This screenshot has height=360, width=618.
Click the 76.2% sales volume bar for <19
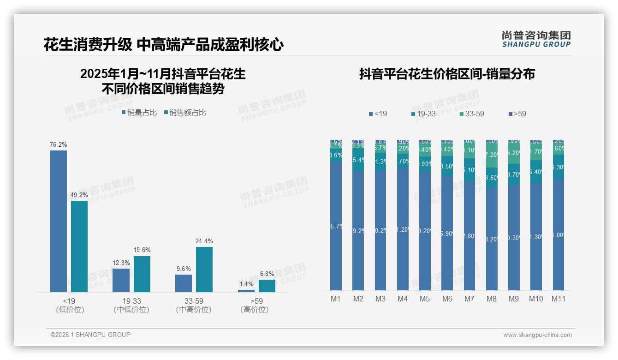pyautogui.click(x=59, y=221)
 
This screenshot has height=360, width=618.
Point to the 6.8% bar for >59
pyautogui.click(x=267, y=286)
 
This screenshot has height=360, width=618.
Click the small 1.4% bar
pyautogui.click(x=246, y=291)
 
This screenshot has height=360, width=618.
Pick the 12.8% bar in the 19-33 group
pyautogui.click(x=121, y=280)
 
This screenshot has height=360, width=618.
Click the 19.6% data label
pyautogui.click(x=142, y=250)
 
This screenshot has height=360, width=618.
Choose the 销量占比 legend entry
pyautogui.click(x=139, y=113)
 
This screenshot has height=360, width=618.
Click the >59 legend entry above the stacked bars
pyautogui.click(x=517, y=114)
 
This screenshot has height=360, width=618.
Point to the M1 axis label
pyautogui.click(x=336, y=299)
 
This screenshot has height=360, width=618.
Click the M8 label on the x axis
pyautogui.click(x=492, y=299)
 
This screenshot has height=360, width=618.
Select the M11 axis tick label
pyautogui.click(x=559, y=299)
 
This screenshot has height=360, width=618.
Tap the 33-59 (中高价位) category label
pyautogui.click(x=194, y=306)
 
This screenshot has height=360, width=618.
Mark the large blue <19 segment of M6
pyautogui.click(x=447, y=233)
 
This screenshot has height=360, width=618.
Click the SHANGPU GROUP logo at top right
pyautogui.click(x=536, y=39)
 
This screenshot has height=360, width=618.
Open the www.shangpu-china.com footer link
pyautogui.click(x=537, y=335)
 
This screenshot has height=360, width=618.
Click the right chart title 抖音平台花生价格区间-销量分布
pyautogui.click(x=446, y=74)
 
